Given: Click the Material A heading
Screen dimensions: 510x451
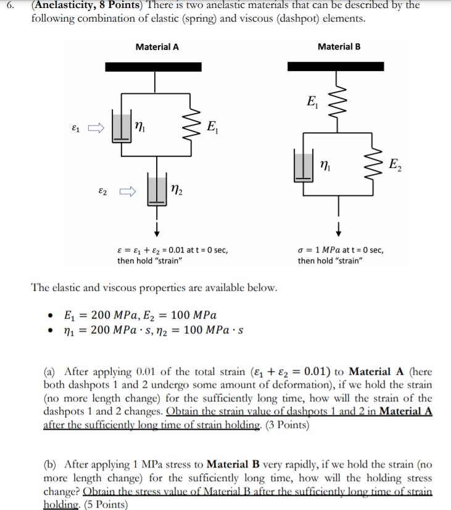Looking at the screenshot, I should point(157,47).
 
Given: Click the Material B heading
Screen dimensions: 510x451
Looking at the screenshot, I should point(339,47).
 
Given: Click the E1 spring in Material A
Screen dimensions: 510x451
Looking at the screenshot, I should point(192,128).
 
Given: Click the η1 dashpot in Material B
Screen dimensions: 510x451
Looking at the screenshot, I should point(304,166).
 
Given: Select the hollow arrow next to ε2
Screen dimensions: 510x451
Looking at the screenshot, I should point(128,191).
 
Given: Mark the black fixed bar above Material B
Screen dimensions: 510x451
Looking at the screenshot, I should point(337,66).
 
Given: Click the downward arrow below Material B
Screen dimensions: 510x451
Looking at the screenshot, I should point(338,228).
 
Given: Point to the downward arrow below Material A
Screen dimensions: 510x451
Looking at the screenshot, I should point(157,228).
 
